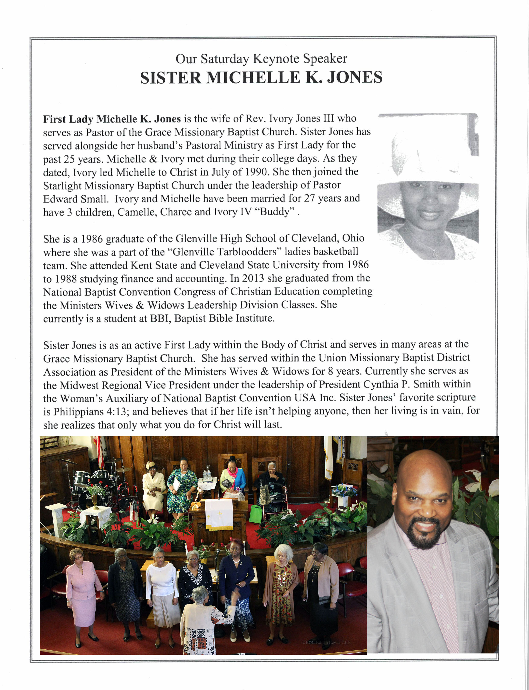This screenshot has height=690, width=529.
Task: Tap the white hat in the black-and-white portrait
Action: click(431, 158)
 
